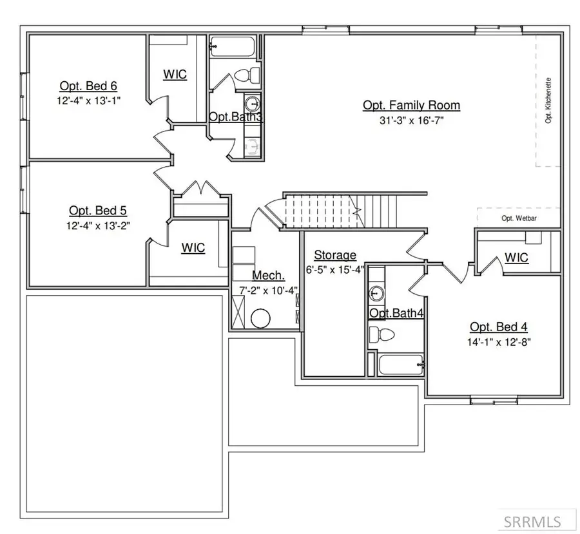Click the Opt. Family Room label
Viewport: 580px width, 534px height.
pyautogui.click(x=411, y=105)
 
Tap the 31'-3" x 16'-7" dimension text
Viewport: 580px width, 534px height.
pyautogui.click(x=411, y=120)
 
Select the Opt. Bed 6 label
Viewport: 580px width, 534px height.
pyautogui.click(x=88, y=86)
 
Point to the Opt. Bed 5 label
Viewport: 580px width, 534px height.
pyautogui.click(x=93, y=211)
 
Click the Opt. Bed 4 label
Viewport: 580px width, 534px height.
pyautogui.click(x=499, y=327)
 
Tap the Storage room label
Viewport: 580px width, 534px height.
pyautogui.click(x=335, y=256)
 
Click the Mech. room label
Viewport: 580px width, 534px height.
pyautogui.click(x=264, y=275)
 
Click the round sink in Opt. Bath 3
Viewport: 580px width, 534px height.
pyautogui.click(x=252, y=102)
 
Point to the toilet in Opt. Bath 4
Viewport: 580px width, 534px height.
pyautogui.click(x=381, y=334)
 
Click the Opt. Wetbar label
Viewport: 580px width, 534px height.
pyautogui.click(x=519, y=218)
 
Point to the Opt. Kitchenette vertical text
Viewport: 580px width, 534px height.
pyautogui.click(x=549, y=100)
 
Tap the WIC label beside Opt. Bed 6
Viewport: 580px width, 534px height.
pyautogui.click(x=175, y=75)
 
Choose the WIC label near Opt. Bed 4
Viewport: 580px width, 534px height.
pyautogui.click(x=516, y=258)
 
